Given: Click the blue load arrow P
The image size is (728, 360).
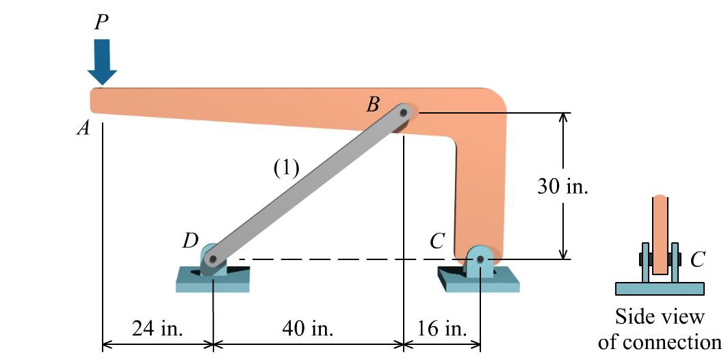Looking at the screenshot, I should (101, 60).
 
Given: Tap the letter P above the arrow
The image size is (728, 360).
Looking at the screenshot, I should (101, 23).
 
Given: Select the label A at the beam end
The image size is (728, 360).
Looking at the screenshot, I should (83, 128).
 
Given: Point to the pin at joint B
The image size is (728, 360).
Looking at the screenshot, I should (404, 112).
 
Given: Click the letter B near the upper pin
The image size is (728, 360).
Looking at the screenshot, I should (373, 104).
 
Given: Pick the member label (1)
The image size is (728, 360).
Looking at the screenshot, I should (287, 168).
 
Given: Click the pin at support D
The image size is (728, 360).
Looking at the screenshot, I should (213, 259).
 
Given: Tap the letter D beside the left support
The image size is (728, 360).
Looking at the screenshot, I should (190, 240).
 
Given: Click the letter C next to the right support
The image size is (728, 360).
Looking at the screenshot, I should (438, 241).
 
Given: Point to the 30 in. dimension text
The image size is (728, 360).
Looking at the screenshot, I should (562, 186).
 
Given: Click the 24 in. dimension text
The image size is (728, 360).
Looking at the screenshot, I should (157, 329).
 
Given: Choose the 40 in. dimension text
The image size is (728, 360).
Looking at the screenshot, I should (308, 329).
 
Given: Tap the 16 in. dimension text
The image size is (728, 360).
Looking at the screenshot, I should (441, 329).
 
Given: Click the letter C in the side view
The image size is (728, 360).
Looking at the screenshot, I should (697, 259).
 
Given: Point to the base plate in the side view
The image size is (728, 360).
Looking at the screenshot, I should (660, 288).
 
